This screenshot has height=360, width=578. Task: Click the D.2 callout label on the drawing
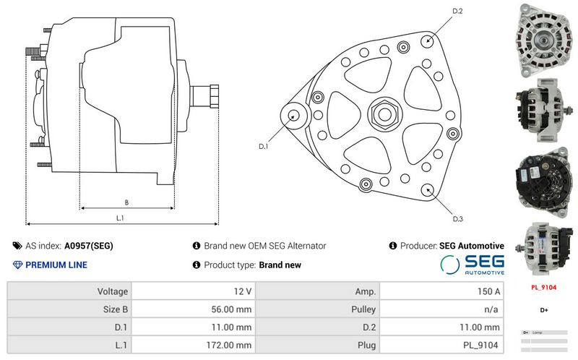tap(457, 11)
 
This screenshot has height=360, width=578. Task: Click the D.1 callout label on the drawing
tap(264, 146)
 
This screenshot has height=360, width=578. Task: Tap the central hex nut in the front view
tap(381, 114)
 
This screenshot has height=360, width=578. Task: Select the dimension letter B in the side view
tap(126, 202)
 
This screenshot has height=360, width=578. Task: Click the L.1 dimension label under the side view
tap(120, 218)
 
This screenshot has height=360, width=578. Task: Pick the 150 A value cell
tap(441, 291)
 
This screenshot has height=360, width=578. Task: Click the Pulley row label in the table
tap(318, 309)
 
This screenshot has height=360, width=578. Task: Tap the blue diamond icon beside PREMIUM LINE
tap(17, 265)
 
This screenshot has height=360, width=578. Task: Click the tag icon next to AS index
tap(17, 246)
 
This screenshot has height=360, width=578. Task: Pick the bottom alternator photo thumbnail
tap(543, 246)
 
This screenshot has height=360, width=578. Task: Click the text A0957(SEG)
tap(89, 246)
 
